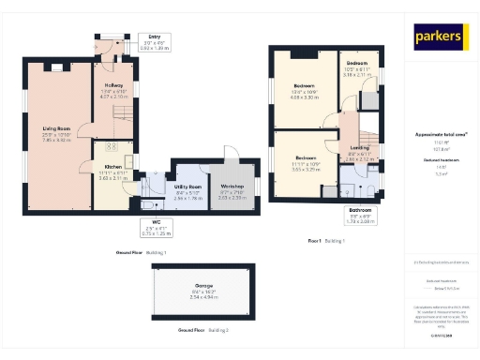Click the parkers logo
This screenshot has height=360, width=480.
coord(441,37)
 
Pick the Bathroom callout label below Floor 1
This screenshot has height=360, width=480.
coord(361,215)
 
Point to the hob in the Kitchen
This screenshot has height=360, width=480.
coord(110,147)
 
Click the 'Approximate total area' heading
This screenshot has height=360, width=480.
coord(441,135)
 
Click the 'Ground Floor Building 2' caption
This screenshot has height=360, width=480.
coord(203,330)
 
